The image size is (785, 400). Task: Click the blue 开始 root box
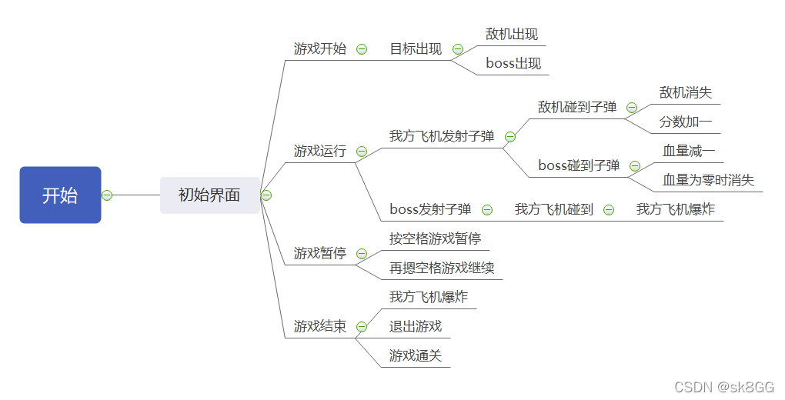coord(60,195)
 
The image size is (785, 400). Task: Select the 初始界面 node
coord(209,195)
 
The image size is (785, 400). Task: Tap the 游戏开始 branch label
coord(320,49)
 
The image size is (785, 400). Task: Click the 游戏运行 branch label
coord(320,152)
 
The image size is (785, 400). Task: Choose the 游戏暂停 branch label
coord(320,253)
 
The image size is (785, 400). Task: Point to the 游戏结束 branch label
coord(320,327)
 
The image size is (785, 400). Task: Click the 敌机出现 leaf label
coord(512,35)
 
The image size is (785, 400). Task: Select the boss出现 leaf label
coord(513,64)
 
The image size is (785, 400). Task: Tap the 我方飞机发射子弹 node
coord(442,137)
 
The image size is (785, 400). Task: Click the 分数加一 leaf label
coord(686,122)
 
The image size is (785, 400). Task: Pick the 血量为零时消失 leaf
coord(709,181)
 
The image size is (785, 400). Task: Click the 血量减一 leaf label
coord(689,152)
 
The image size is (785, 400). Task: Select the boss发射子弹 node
coord(430,209)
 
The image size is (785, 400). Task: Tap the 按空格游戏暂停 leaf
coord(435,238)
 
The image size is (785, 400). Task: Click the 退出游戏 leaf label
coord(416,327)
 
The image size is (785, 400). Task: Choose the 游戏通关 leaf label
coord(416,356)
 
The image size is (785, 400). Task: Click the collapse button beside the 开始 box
coord(107,195)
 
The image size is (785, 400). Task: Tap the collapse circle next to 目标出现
coord(458,49)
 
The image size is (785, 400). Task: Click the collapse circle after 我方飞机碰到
coord(609,209)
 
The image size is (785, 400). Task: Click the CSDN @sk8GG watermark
coord(724,387)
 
